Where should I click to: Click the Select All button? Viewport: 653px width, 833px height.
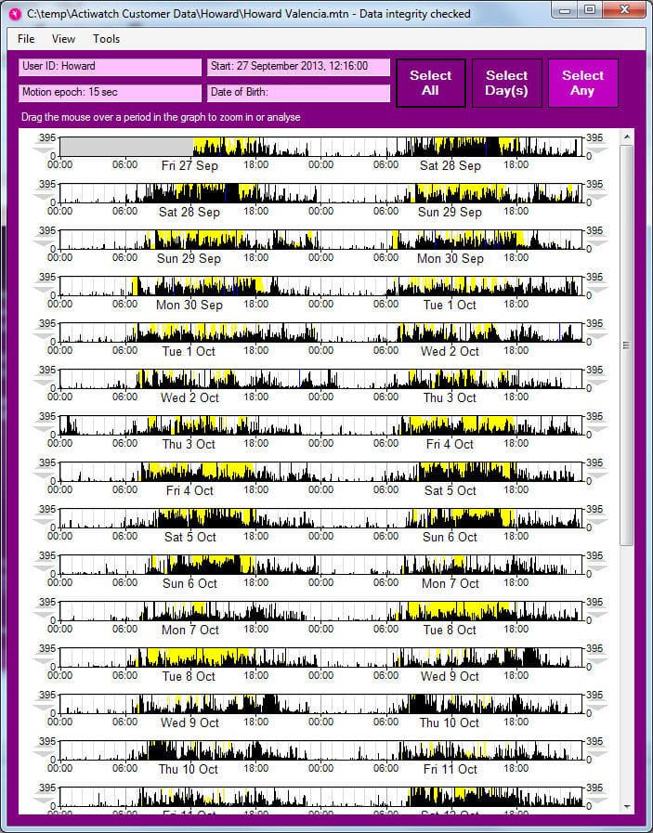(x=431, y=83)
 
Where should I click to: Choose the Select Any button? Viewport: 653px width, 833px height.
(x=582, y=83)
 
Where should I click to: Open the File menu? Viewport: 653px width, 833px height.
(x=26, y=39)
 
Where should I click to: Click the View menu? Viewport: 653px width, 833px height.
(x=64, y=39)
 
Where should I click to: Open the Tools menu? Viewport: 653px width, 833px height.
(x=106, y=39)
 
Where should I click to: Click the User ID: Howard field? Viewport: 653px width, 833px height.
(x=111, y=67)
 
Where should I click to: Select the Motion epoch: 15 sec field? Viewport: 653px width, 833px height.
(x=111, y=93)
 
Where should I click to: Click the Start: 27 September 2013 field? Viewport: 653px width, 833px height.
(x=299, y=67)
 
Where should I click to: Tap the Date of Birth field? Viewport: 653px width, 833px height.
(x=299, y=93)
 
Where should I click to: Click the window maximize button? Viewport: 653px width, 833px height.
(x=590, y=10)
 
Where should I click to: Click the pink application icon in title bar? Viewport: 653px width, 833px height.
(x=15, y=14)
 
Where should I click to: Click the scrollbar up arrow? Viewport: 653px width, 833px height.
(x=627, y=137)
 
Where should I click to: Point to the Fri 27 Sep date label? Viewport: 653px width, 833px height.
(x=189, y=165)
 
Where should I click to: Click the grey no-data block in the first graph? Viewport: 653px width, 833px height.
(x=126, y=147)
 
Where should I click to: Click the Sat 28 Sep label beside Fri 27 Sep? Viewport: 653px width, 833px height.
(x=451, y=165)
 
